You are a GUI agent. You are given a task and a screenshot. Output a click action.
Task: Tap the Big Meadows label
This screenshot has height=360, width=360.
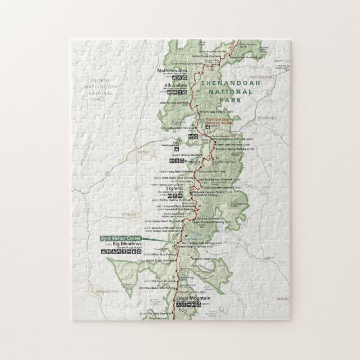click(124, 244)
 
